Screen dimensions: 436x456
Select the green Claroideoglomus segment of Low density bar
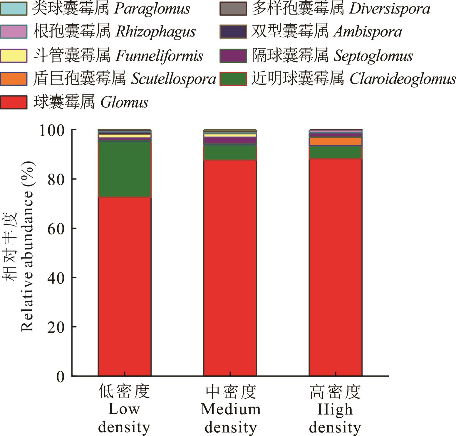125,169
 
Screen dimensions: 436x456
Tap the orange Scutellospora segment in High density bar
335,142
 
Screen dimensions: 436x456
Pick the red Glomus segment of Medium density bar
230,268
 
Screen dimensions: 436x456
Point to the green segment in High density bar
335,152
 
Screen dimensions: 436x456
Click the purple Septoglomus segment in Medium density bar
230,141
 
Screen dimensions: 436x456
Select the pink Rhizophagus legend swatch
14,32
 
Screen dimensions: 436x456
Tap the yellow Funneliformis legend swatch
14,56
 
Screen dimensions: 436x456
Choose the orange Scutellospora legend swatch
14,79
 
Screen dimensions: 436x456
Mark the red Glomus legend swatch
14,102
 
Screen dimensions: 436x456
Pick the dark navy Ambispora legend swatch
233,32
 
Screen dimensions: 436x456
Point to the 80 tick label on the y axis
56,179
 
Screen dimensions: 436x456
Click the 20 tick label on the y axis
56,327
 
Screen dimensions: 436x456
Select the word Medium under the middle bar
231,409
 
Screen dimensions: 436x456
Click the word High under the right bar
335,409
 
